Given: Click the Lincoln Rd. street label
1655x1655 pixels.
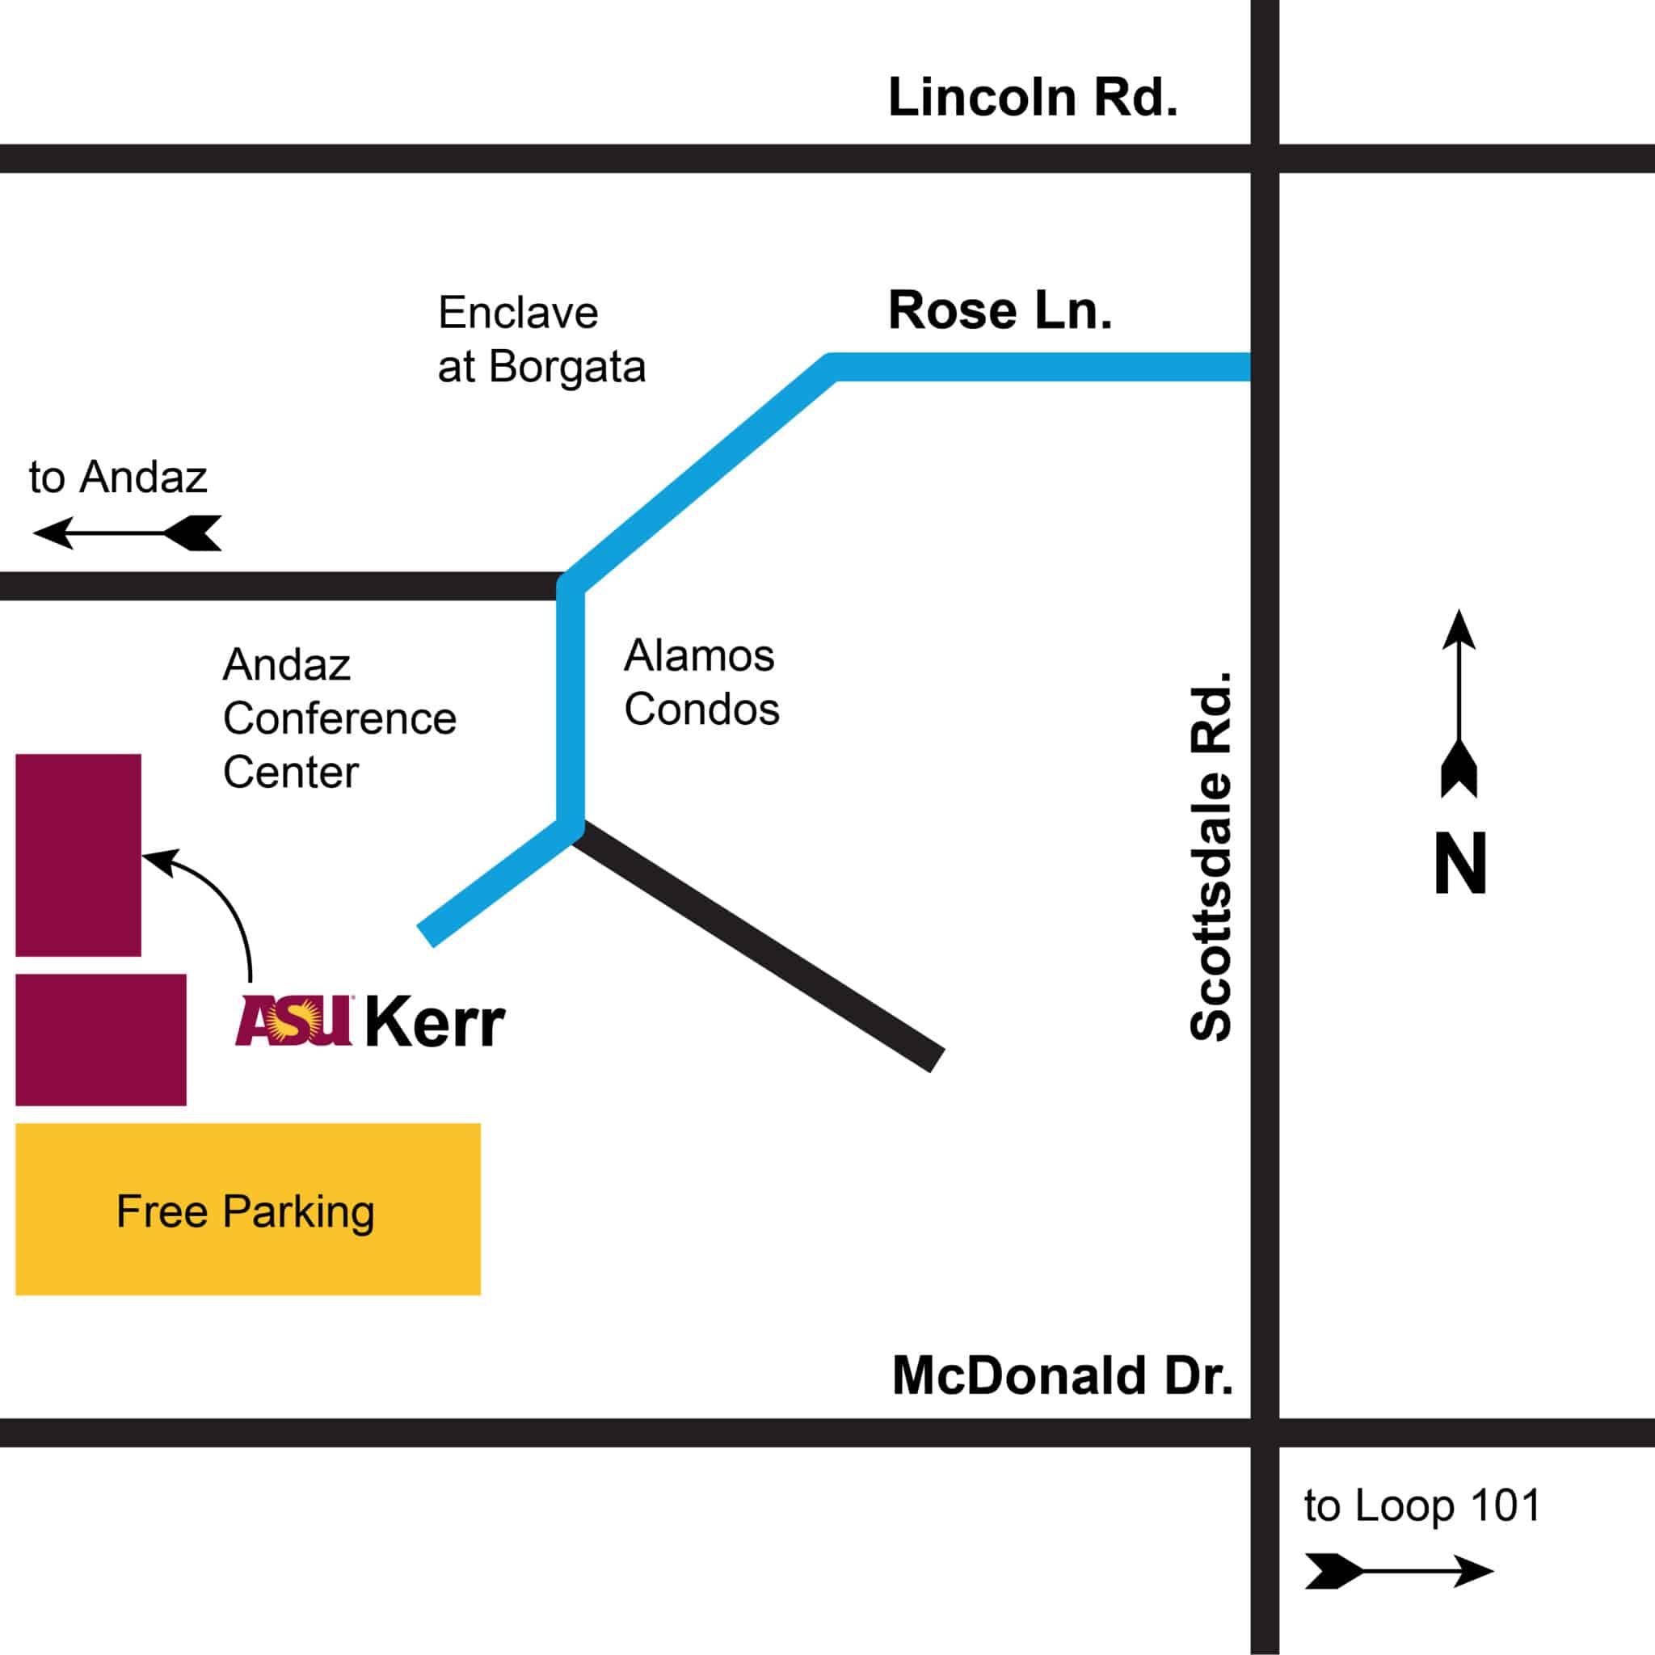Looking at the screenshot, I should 1032,98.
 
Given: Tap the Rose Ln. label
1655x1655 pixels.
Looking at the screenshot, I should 1000,310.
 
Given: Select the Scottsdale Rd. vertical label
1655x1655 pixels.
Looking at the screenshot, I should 1211,857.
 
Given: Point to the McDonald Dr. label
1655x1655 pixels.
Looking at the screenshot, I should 1062,1375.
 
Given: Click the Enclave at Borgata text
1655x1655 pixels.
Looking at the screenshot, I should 541,339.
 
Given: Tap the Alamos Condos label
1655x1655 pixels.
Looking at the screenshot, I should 701,683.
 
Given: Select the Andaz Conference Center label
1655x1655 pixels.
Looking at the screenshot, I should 339,718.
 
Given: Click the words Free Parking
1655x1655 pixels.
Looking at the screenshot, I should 246,1211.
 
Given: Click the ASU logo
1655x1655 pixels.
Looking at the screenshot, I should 295,1021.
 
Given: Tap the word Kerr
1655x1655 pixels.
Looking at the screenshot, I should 436,1023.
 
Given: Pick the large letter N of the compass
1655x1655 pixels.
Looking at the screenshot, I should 1460,865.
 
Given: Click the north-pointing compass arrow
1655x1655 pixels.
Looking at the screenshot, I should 1459,702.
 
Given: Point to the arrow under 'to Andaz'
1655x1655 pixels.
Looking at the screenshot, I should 127,533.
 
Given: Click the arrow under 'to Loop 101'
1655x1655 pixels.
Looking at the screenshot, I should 1399,1571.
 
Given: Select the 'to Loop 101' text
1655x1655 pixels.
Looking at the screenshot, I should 1422,1506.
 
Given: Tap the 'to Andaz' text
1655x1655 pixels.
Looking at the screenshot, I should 118,477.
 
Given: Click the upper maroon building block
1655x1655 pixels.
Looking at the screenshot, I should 78,855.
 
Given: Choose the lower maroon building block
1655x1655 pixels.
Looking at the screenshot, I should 101,1039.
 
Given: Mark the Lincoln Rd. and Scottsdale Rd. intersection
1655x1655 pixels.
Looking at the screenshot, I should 1265,158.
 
